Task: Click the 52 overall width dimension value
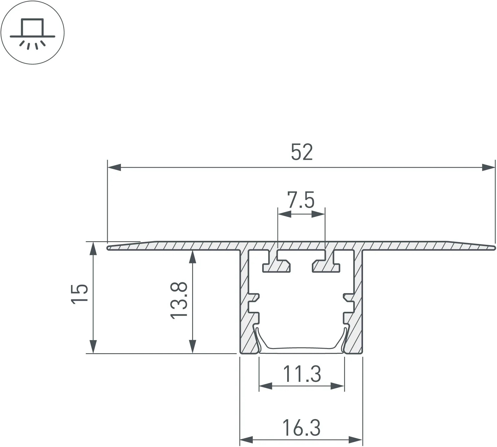click(302, 152)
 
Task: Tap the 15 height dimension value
click(79, 293)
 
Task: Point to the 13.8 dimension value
click(179, 300)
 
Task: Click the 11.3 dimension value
click(302, 374)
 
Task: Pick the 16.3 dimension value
click(301, 428)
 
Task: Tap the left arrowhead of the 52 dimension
click(114, 167)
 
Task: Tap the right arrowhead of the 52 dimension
click(488, 167)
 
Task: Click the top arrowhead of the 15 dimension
click(93, 248)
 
